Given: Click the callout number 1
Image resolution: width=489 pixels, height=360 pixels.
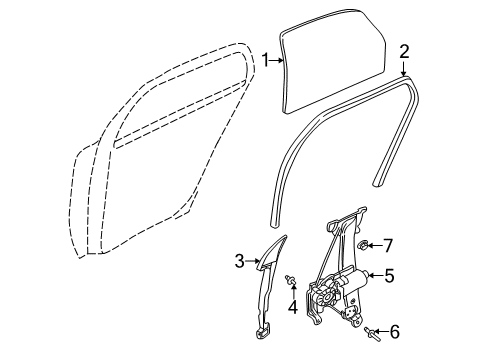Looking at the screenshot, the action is click(265, 60).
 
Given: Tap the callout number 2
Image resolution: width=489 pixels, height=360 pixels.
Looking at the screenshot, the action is click(404, 52).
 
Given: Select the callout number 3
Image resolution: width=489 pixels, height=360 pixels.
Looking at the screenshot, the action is click(240, 261).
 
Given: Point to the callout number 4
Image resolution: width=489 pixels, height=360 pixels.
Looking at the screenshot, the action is click(293, 307).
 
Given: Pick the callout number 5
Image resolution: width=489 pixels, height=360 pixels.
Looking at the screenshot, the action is click(389, 276).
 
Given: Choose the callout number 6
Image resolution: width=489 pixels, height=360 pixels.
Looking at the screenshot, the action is click(395, 332).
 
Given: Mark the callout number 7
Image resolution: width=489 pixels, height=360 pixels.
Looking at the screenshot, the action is click(388, 246).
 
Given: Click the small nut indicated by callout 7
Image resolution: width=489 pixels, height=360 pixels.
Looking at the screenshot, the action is click(362, 246).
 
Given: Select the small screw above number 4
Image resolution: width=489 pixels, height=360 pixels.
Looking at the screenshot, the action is click(290, 281).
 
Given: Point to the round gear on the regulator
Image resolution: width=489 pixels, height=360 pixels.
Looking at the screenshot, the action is click(328, 294).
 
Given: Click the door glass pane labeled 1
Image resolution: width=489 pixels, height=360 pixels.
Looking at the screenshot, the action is click(333, 61).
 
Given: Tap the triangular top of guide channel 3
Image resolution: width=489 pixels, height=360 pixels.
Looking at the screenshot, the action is click(273, 252).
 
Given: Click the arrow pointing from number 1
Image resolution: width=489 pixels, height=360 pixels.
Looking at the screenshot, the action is click(276, 60).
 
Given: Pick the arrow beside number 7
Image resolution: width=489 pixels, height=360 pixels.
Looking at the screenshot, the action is click(374, 246).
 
